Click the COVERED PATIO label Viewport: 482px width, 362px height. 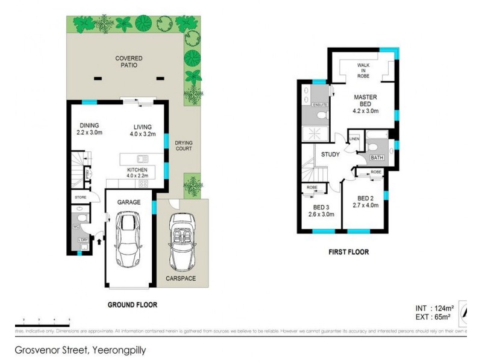129,62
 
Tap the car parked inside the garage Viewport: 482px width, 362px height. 129,241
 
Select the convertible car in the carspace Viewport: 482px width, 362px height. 181,241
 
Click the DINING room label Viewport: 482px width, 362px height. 88,129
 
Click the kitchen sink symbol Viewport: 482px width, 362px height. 143,159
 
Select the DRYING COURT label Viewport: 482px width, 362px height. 183,145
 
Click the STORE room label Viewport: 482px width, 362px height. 80,197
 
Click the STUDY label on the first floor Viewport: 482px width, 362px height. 330,154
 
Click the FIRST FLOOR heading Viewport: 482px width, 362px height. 348,252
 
